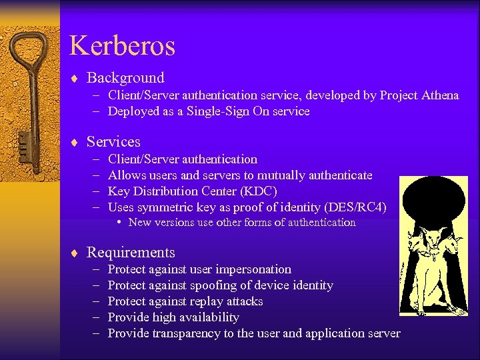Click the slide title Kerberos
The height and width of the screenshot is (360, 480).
(x=123, y=46)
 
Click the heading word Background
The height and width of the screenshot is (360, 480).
(x=125, y=78)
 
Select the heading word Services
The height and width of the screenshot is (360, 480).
(x=113, y=141)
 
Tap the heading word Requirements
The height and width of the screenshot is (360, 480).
(x=131, y=252)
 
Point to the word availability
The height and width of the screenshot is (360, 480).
(x=205, y=317)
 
